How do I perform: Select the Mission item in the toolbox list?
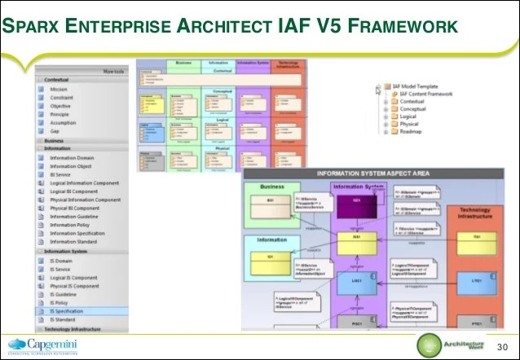tap(59, 90)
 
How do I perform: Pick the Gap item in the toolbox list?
tap(55, 130)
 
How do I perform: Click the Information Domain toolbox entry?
tap(73, 157)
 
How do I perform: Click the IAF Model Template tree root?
tap(421, 85)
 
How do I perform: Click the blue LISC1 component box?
tap(356, 280)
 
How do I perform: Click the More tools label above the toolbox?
tap(112, 72)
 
